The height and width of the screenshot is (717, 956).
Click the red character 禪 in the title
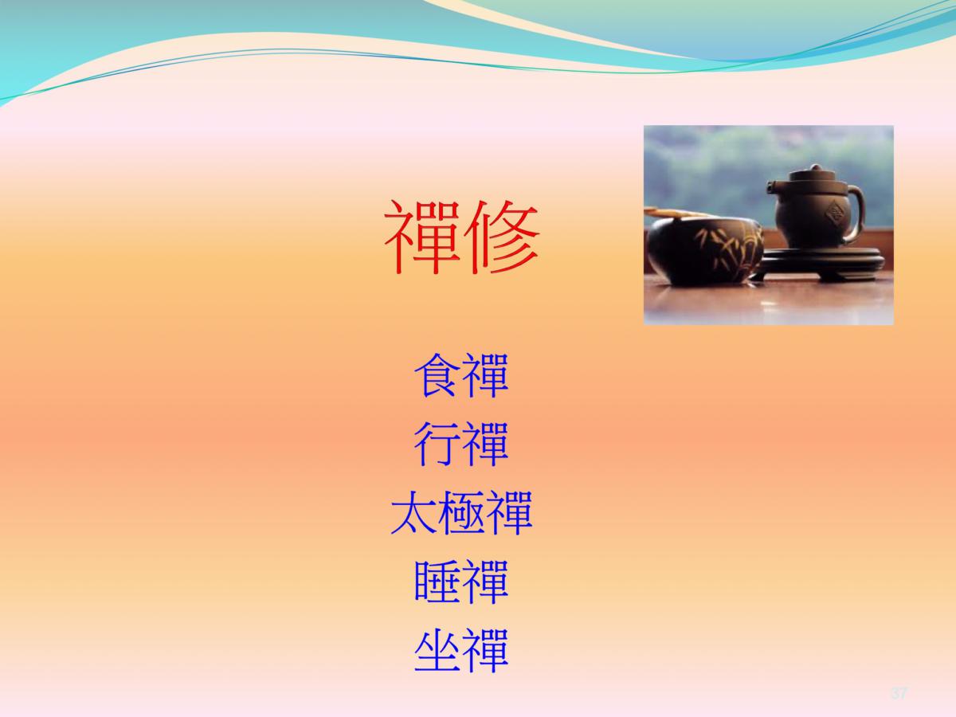click(421, 237)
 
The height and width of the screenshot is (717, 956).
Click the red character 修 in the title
click(502, 237)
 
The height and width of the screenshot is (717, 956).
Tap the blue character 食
click(437, 375)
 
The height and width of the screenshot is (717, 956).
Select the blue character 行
click(437, 444)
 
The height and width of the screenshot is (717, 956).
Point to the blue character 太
click(413, 512)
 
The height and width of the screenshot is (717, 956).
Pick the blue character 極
click(461, 512)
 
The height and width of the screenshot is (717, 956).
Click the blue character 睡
click(437, 582)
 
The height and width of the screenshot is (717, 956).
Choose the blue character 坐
click(437, 650)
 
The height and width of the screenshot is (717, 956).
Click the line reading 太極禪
click(461, 512)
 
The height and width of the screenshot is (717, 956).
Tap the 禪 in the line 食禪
click(485, 375)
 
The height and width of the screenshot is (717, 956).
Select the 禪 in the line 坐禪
click(485, 650)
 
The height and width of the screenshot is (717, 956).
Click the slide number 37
click(899, 692)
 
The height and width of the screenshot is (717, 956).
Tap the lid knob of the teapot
click(813, 168)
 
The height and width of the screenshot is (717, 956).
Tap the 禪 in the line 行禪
click(485, 444)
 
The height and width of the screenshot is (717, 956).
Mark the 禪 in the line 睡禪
click(485, 582)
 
